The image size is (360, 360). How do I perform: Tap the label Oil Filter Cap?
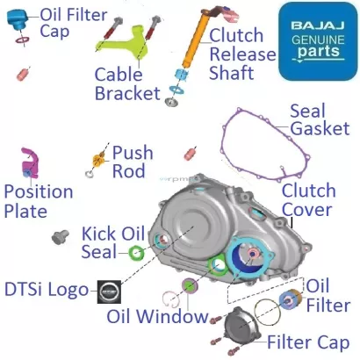click(x=61, y=22)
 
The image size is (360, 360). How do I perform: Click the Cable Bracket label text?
click(x=127, y=83)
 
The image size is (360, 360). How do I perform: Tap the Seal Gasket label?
click(x=319, y=119)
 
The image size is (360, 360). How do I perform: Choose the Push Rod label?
click(x=133, y=161)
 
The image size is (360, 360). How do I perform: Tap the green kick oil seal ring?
click(x=137, y=254)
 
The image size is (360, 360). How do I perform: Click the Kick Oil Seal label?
click(x=112, y=242)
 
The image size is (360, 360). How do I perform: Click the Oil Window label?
click(x=156, y=316)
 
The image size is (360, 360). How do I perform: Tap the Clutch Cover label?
click(x=308, y=200)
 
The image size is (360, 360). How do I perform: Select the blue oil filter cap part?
click(x=17, y=25)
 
